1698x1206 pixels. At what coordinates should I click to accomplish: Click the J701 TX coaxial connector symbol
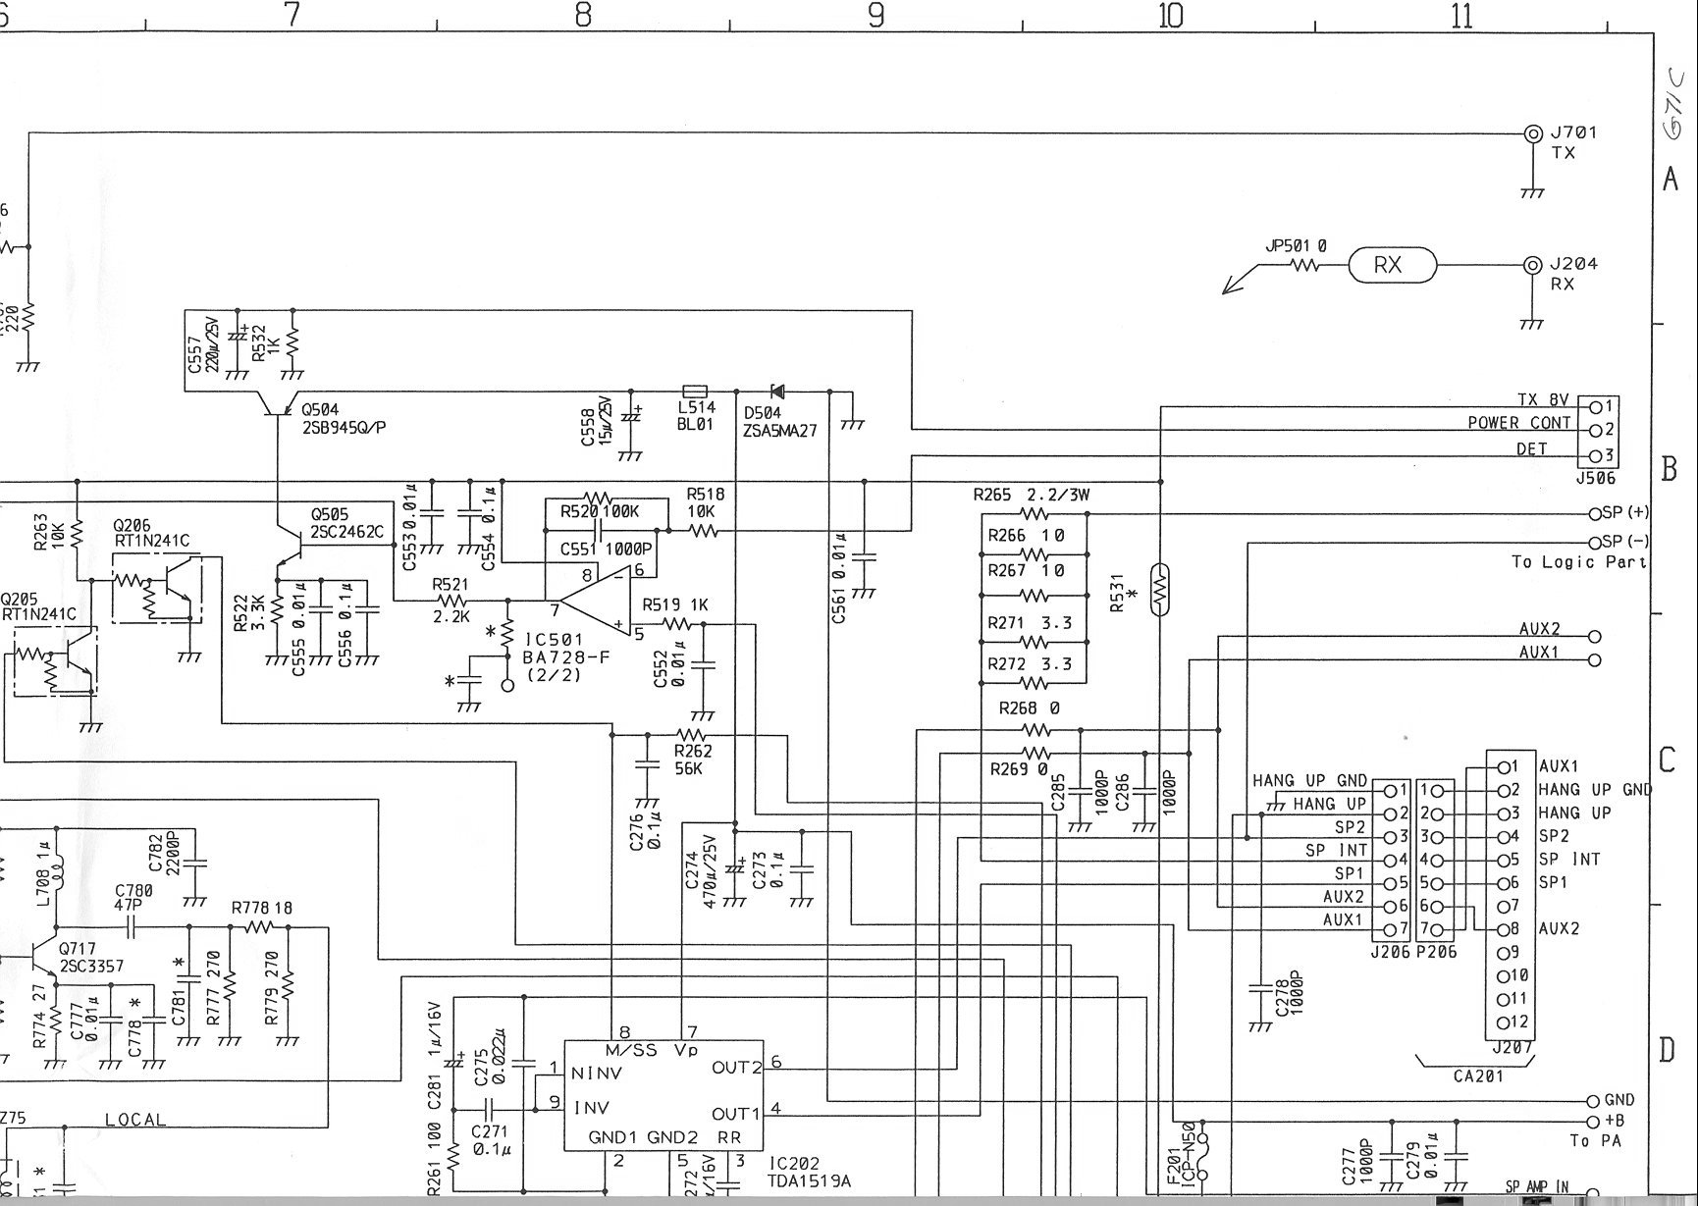(1531, 133)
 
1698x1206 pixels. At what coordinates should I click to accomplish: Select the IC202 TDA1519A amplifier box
(664, 1095)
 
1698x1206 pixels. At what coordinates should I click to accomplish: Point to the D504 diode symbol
(778, 391)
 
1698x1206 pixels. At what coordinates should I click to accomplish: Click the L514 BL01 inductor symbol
(695, 391)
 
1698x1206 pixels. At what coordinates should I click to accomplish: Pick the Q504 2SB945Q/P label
(343, 417)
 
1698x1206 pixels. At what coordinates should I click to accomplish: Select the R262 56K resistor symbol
(692, 735)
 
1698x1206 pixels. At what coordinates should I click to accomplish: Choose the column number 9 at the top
(876, 16)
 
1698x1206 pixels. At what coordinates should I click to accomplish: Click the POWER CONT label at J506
(1518, 423)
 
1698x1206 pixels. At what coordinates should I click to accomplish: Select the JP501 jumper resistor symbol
(1304, 265)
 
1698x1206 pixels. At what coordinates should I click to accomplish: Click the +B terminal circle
(1592, 1121)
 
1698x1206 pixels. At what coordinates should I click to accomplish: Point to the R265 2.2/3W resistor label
(1031, 496)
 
